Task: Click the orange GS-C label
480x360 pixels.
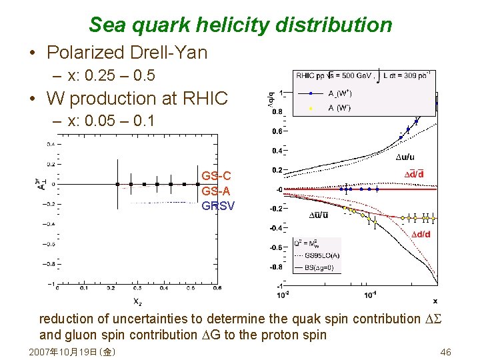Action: point(217,176)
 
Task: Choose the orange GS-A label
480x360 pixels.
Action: point(217,191)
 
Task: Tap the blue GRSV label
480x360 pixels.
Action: point(218,205)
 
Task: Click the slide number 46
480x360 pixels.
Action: point(446,351)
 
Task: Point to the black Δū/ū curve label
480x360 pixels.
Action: point(318,215)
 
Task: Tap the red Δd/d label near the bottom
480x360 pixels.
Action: point(420,234)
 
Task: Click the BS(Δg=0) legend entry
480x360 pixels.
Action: point(317,267)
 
